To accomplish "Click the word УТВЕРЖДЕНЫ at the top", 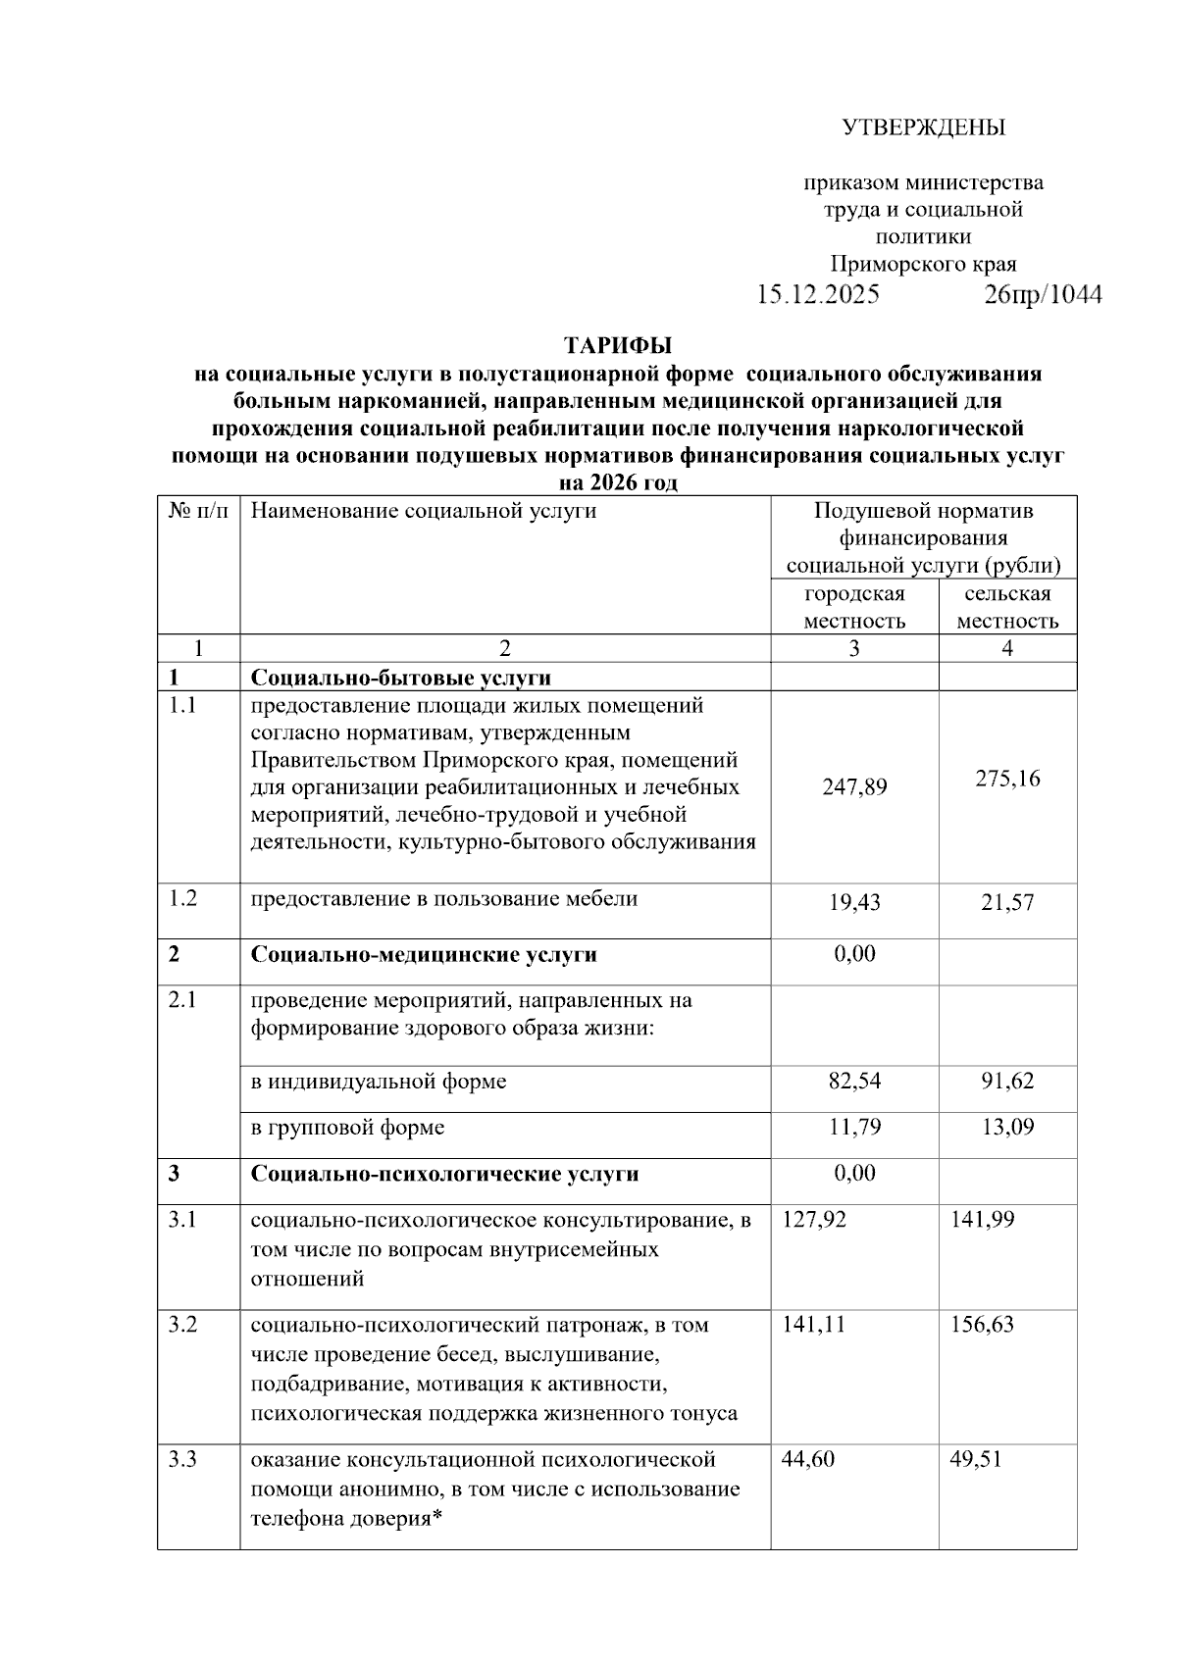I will pyautogui.click(x=924, y=127).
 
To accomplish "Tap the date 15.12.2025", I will pyautogui.click(x=817, y=295).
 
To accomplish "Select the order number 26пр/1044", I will pyautogui.click(x=1043, y=295).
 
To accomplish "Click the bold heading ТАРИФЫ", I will pyautogui.click(x=618, y=345).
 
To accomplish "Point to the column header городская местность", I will pyautogui.click(x=854, y=607).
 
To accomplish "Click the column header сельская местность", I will pyautogui.click(x=1007, y=607).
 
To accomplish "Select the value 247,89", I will pyautogui.click(x=854, y=786).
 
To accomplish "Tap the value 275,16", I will pyautogui.click(x=1007, y=779).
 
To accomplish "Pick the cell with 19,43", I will pyautogui.click(x=854, y=902).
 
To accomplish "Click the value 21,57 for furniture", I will pyautogui.click(x=1007, y=902).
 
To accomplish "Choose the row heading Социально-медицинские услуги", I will pyautogui.click(x=424, y=954).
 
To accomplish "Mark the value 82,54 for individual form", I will pyautogui.click(x=854, y=1081).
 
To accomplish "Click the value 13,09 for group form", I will pyautogui.click(x=1007, y=1127).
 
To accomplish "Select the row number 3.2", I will pyautogui.click(x=182, y=1325).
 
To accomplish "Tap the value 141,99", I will pyautogui.click(x=983, y=1220).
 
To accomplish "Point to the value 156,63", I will pyautogui.click(x=983, y=1325).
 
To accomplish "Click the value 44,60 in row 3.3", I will pyautogui.click(x=808, y=1459).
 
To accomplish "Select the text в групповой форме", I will pyautogui.click(x=347, y=1127).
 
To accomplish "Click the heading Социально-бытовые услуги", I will pyautogui.click(x=400, y=678).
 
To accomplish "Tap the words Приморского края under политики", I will pyautogui.click(x=923, y=264).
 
